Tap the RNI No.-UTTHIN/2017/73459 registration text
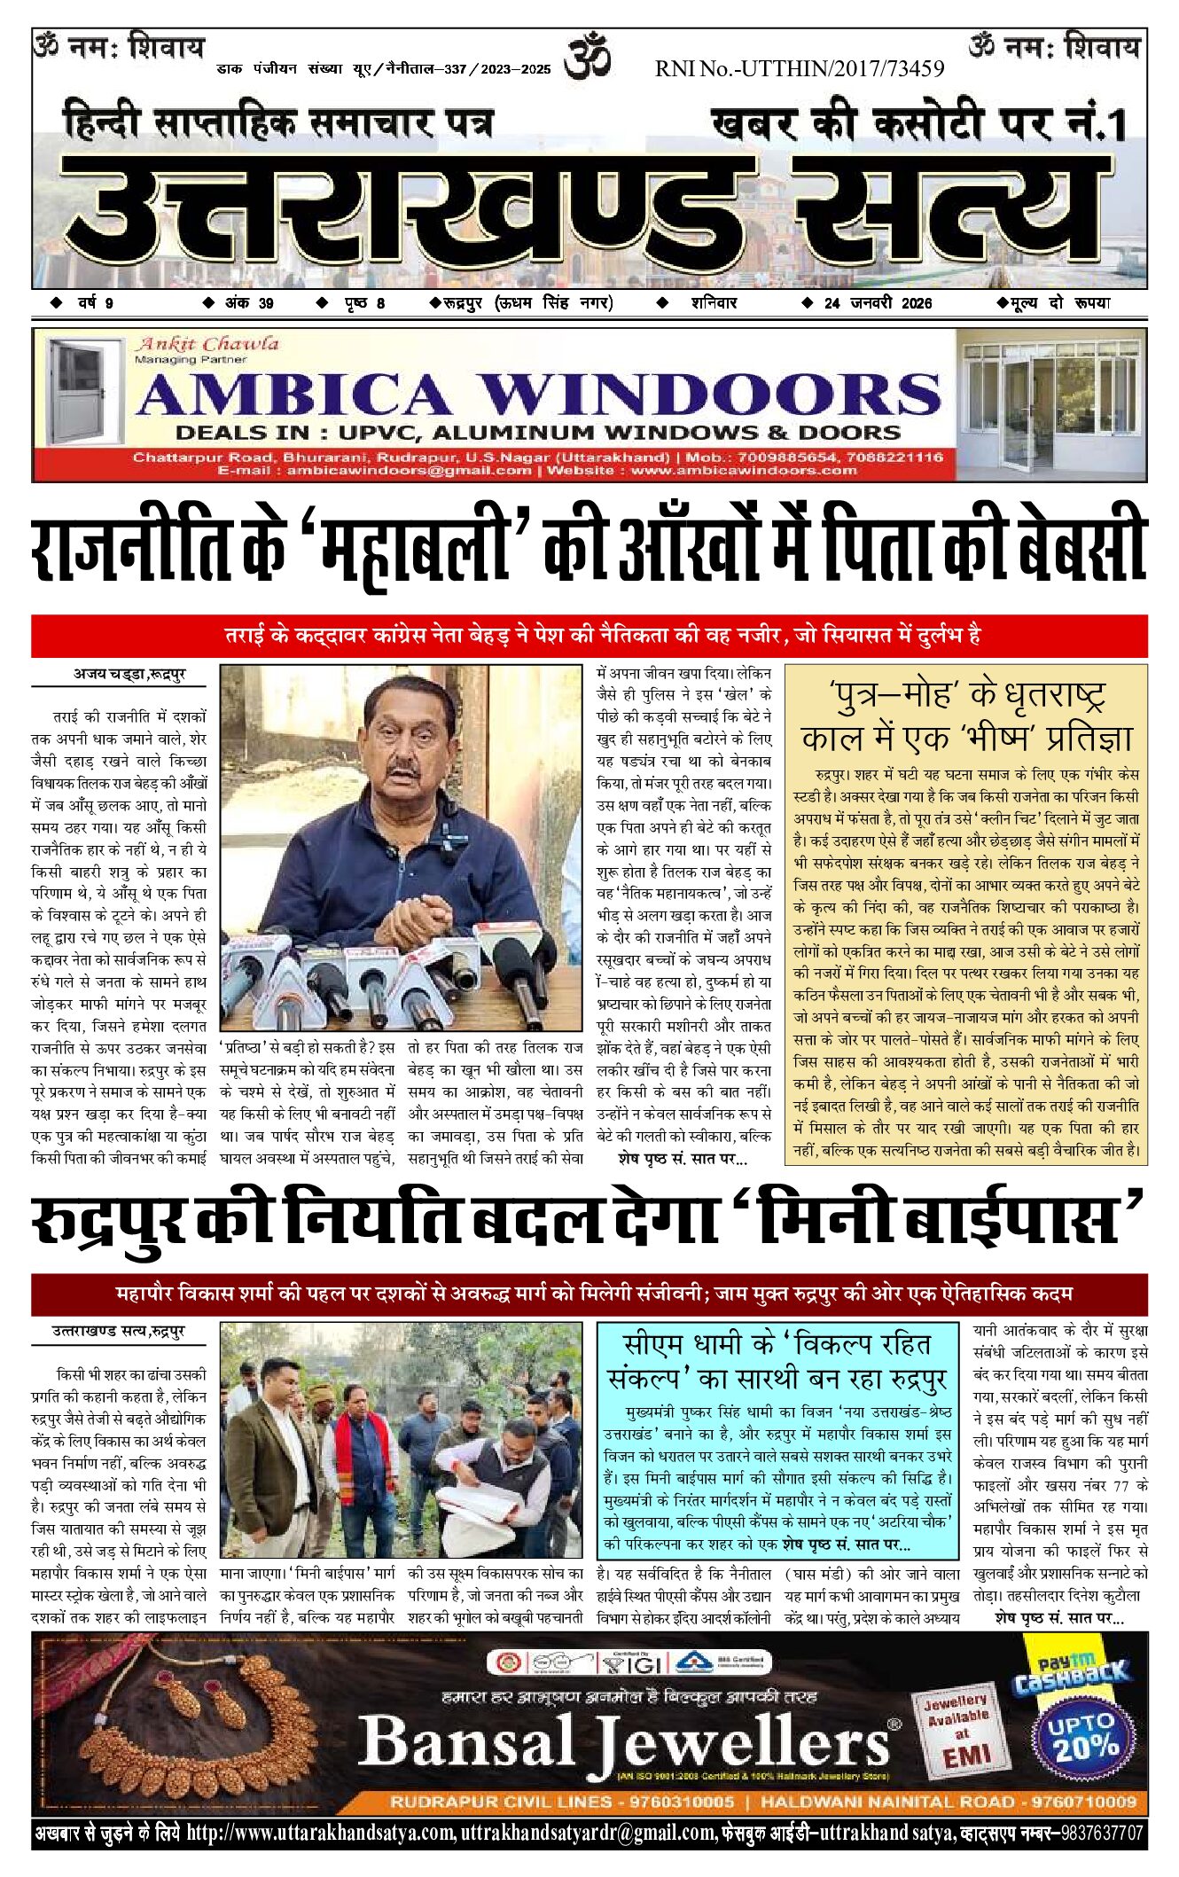tap(799, 68)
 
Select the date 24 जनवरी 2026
tap(878, 303)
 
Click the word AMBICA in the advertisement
tap(293, 395)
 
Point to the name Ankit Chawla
tap(207, 344)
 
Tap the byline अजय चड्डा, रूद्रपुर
tap(129, 675)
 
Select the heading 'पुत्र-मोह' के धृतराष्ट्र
tap(966, 694)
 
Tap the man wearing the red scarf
tap(360, 1454)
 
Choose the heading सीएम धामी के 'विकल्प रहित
tap(777, 1345)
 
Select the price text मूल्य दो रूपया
tap(1054, 303)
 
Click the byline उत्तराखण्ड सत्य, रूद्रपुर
tap(118, 1331)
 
